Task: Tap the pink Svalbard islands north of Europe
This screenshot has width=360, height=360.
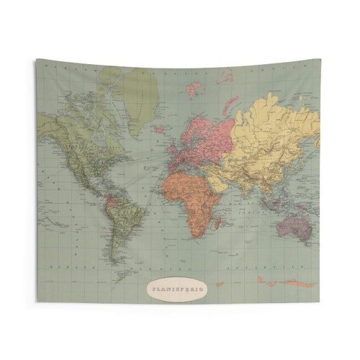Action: coord(193,90)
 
